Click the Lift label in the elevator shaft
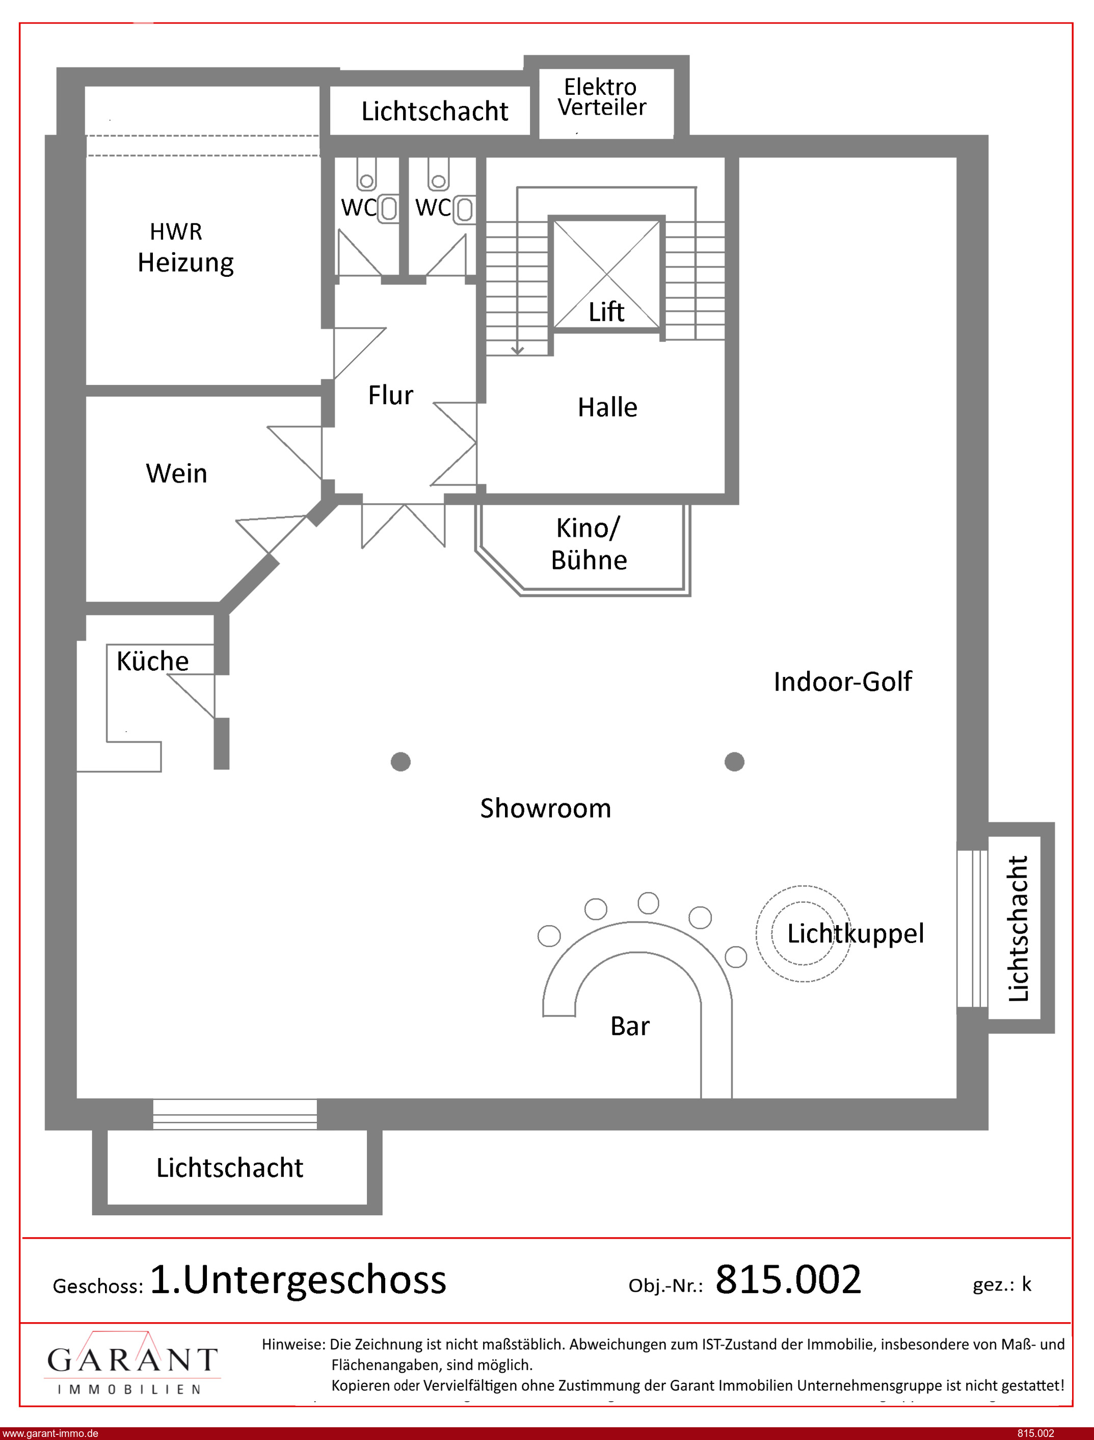(606, 312)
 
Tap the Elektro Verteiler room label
(602, 97)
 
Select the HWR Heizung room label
(185, 248)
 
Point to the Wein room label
(176, 474)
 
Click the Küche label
(152, 661)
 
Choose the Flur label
(391, 395)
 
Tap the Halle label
(607, 407)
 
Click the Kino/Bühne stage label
(590, 544)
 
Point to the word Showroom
(546, 808)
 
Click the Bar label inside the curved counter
(630, 1027)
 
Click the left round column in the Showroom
(401, 762)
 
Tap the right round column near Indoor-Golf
(735, 762)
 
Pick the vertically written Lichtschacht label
(1018, 928)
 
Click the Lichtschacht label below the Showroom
(230, 1168)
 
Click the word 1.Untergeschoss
(298, 1280)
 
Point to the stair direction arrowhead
(518, 350)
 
